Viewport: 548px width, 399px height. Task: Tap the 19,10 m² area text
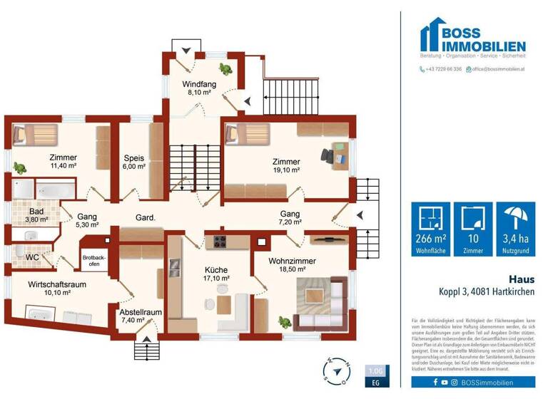(x=285, y=171)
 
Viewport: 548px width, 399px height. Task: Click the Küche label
(x=215, y=270)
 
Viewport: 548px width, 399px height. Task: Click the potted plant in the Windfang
(x=225, y=69)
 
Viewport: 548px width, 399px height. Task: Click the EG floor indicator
(x=376, y=383)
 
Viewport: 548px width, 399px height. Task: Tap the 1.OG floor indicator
(x=376, y=371)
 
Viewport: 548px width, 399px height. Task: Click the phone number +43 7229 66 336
(x=440, y=69)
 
